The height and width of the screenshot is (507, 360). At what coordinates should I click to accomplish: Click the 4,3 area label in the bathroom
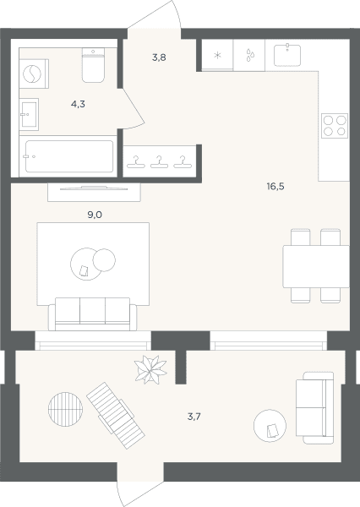pos(78,104)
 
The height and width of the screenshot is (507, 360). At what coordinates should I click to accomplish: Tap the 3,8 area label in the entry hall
pos(159,57)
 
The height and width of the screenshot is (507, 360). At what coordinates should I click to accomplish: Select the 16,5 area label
pos(275,187)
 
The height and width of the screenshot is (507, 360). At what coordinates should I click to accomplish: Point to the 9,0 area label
pos(95,215)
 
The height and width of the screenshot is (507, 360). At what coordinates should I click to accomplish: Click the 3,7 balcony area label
pos(194,417)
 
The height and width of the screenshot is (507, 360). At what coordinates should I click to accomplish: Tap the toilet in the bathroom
pos(93,65)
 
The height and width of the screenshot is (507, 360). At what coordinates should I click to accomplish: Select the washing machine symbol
pos(32,74)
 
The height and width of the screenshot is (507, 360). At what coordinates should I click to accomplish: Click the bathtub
pos(69,156)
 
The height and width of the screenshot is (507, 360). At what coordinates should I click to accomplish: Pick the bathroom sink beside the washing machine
pos(29,114)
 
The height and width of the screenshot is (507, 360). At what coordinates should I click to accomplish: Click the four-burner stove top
pos(335,126)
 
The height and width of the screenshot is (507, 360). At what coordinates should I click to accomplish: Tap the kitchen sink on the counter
pos(287,55)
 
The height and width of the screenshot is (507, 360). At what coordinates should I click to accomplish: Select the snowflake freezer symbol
pos(218,55)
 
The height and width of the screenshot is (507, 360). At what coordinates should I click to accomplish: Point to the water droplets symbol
pos(249,55)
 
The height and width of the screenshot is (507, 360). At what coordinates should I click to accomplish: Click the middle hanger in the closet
pos(159,162)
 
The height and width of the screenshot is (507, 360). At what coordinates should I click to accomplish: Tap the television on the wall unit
pos(94,188)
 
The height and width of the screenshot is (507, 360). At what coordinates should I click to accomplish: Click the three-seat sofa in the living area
pos(92,314)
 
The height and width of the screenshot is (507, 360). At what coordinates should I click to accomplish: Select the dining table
pos(316,266)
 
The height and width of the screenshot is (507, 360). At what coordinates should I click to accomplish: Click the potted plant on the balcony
pos(150,369)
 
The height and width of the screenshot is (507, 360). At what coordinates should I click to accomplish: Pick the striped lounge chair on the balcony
pos(116,416)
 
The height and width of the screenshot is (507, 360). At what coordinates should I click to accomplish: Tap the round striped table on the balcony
pos(65,409)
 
